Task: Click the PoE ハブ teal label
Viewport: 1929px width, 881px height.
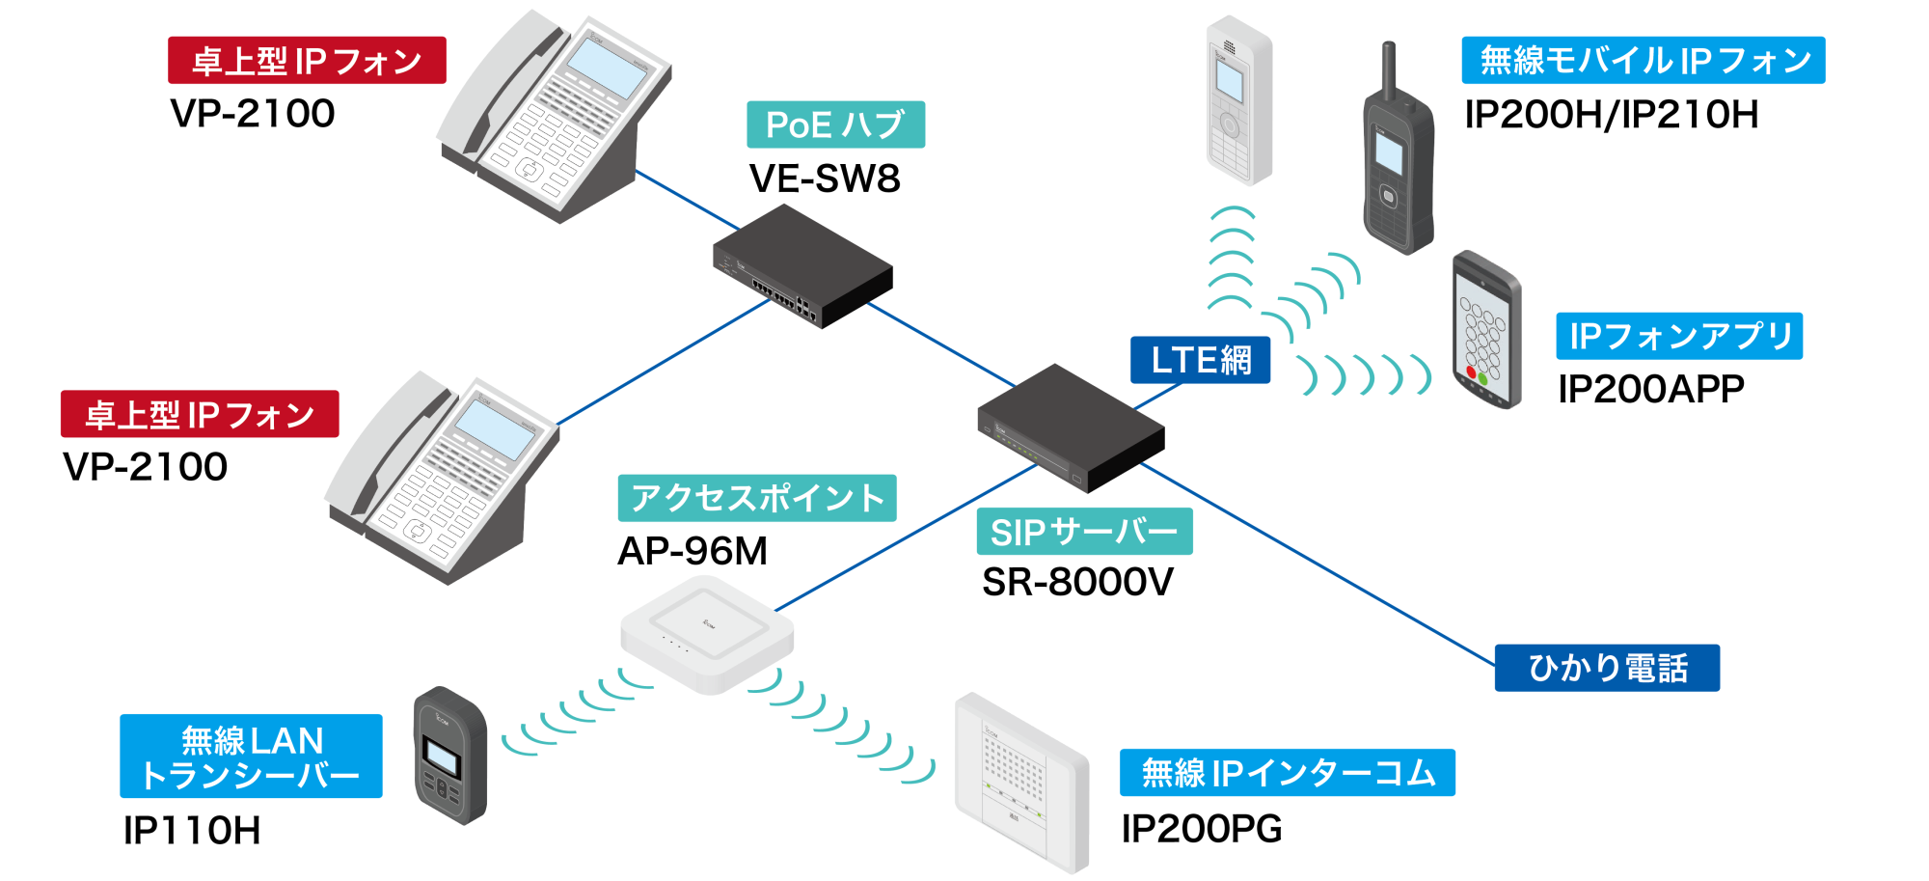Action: pos(835,124)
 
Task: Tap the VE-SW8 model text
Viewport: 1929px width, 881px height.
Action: pos(825,179)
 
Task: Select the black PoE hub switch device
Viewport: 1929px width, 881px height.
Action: pos(802,266)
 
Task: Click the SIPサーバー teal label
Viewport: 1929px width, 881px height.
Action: pos(1084,532)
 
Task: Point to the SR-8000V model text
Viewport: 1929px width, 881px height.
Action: pos(1077,582)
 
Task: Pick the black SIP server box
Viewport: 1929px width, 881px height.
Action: pos(1071,427)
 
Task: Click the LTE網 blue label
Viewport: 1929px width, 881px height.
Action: pos(1200,360)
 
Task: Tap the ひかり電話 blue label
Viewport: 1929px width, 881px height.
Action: pos(1607,668)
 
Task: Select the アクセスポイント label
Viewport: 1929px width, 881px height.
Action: pos(757,498)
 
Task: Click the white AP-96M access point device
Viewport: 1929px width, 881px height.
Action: pos(707,634)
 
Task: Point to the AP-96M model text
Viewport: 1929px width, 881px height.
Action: pos(693,551)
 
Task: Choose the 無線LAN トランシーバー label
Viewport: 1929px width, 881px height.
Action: pos(251,757)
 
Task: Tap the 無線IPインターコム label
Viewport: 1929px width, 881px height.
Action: pos(1287,773)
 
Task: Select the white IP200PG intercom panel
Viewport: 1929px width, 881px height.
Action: pos(1021,783)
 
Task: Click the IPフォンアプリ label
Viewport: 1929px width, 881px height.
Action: pos(1679,336)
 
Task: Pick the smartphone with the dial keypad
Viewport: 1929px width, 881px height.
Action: pos(1486,330)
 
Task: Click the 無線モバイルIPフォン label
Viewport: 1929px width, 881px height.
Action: pos(1644,61)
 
